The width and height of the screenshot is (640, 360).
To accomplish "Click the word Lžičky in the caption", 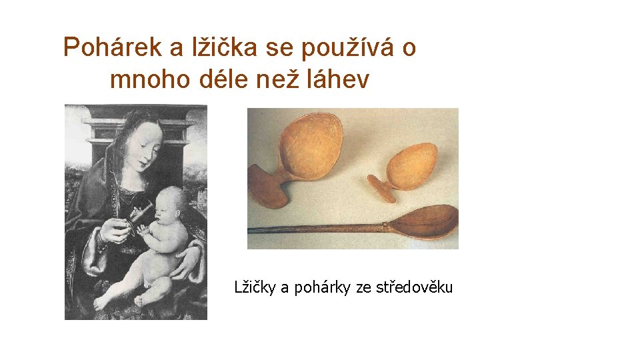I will tap(255, 287).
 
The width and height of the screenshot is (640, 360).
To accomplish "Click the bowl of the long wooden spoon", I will tap(426, 221).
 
